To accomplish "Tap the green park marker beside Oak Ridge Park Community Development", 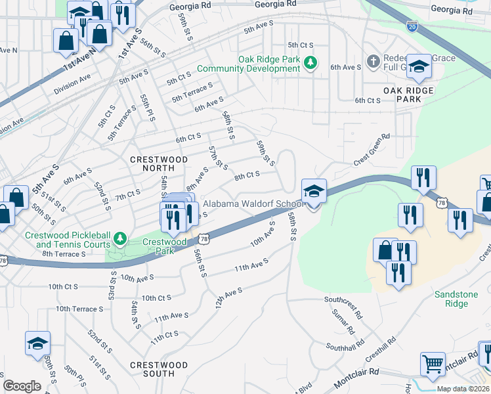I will click(313, 64).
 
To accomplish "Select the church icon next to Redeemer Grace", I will click(374, 61).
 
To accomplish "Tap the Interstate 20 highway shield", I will click(412, 27).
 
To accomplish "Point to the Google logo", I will click(22, 386).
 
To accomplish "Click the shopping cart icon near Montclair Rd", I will click(433, 363).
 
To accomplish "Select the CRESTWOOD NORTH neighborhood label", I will click(158, 164).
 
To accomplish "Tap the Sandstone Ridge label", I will click(456, 299).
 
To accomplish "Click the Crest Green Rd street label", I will click(372, 149).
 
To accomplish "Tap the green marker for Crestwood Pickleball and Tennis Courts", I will click(119, 236).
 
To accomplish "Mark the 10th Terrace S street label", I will click(79, 309).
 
